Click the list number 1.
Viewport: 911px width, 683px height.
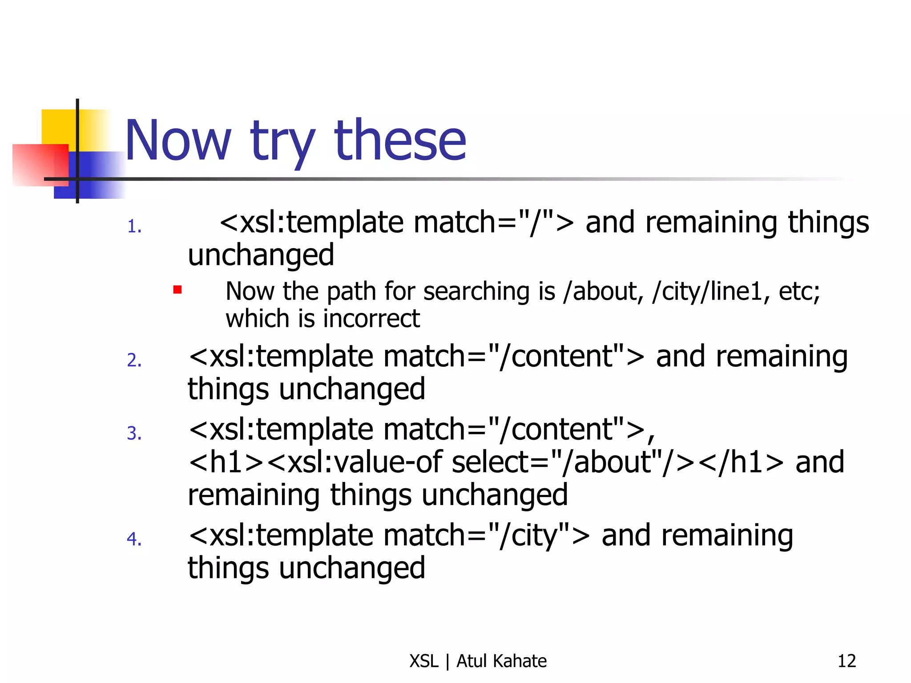[134, 227]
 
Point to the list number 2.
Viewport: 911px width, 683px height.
[134, 360]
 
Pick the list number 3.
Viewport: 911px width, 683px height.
[134, 433]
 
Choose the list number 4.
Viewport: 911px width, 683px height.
[134, 539]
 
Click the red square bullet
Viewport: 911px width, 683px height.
[177, 290]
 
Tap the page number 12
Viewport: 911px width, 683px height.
[847, 661]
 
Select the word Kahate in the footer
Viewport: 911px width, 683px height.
[519, 661]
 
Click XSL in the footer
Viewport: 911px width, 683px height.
[424, 661]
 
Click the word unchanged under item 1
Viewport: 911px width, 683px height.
[261, 255]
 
